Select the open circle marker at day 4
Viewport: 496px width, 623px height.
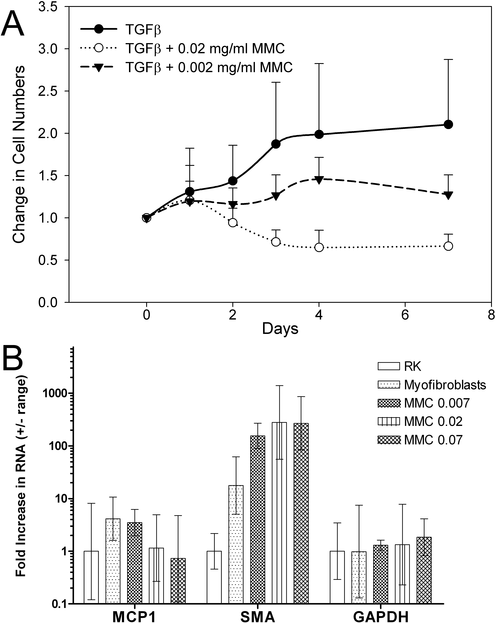coord(319,247)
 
